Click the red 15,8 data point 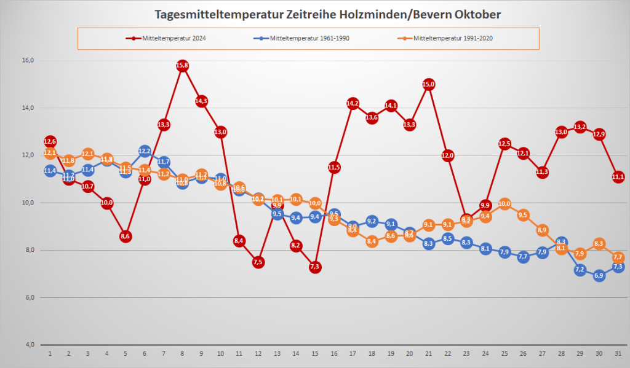pyautogui.click(x=182, y=66)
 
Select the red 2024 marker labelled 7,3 pyautogui.click(x=315, y=267)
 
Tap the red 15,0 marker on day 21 pyautogui.click(x=429, y=84)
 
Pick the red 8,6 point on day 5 pyautogui.click(x=126, y=236)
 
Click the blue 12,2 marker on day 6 pyautogui.click(x=145, y=151)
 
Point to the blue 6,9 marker pyautogui.click(x=599, y=276)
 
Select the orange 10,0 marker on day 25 pyautogui.click(x=504, y=203)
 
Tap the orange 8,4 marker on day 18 pyautogui.click(x=372, y=241)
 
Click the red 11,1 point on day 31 pyautogui.click(x=618, y=177)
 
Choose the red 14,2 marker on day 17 pyautogui.click(x=353, y=103)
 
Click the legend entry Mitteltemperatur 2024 pyautogui.click(x=167, y=38)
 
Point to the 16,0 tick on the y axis pyautogui.click(x=27, y=60)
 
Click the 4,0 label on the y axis pyautogui.click(x=27, y=345)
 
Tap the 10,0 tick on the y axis pyautogui.click(x=27, y=203)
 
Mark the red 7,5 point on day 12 pyautogui.click(x=258, y=262)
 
